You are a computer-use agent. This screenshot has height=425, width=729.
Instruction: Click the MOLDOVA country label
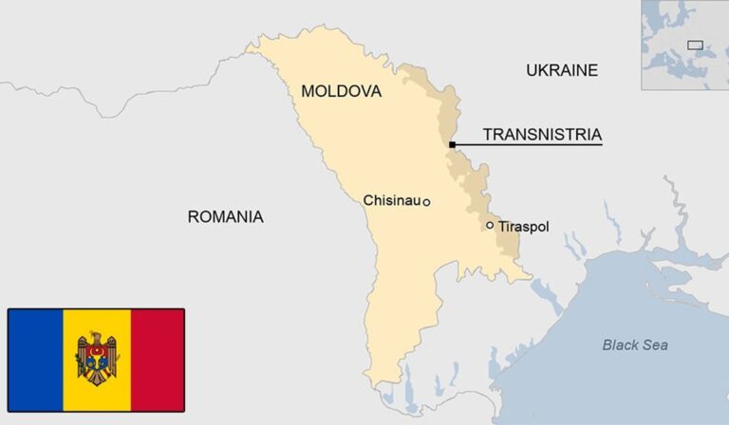(341, 91)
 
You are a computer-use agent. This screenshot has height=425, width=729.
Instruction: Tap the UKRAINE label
(562, 69)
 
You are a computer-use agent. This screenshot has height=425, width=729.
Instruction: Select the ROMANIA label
(225, 216)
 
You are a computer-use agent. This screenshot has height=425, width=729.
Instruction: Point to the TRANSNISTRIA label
(542, 134)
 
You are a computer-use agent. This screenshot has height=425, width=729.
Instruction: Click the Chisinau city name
(392, 200)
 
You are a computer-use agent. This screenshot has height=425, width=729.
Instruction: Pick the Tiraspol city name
(523, 227)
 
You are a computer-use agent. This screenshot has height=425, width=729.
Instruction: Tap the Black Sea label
(634, 344)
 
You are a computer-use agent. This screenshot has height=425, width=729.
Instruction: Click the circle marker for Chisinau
(426, 202)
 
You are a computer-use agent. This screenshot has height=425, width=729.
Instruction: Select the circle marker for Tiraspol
(490, 226)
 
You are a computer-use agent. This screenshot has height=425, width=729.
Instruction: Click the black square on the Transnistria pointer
(453, 144)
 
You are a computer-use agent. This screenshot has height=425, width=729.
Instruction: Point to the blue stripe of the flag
(36, 347)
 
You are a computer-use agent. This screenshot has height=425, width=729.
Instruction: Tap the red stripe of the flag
(158, 347)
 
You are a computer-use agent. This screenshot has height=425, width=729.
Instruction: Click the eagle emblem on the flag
(97, 357)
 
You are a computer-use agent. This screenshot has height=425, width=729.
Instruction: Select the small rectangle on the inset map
(695, 45)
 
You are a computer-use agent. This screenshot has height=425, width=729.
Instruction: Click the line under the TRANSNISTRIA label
(532, 144)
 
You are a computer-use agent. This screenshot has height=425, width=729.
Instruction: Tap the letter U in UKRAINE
(532, 69)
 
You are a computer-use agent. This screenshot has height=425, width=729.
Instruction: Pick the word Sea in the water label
(655, 344)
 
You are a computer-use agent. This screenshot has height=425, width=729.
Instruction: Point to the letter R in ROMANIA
(193, 216)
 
